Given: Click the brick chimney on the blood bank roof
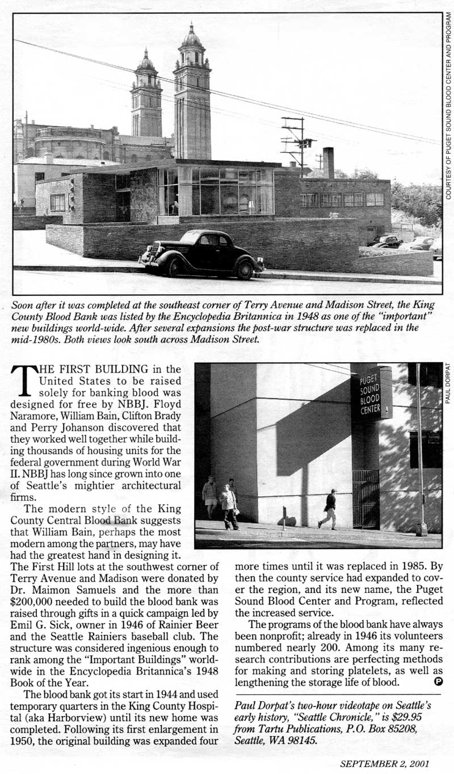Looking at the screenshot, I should click(x=328, y=163).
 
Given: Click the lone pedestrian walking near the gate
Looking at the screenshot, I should click(x=328, y=509).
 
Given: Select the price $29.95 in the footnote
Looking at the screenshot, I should click(x=414, y=716).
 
